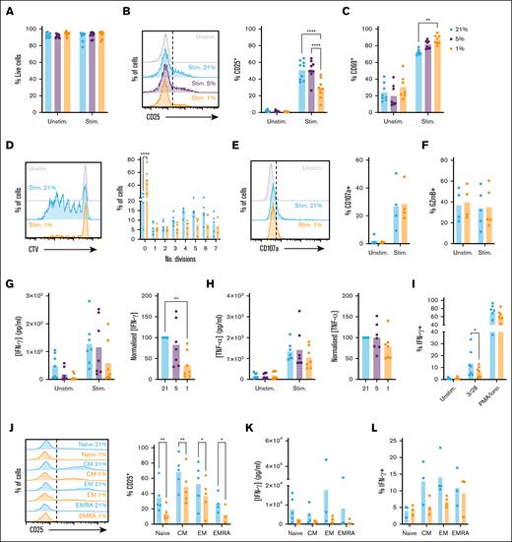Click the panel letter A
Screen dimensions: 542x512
point(7,7)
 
